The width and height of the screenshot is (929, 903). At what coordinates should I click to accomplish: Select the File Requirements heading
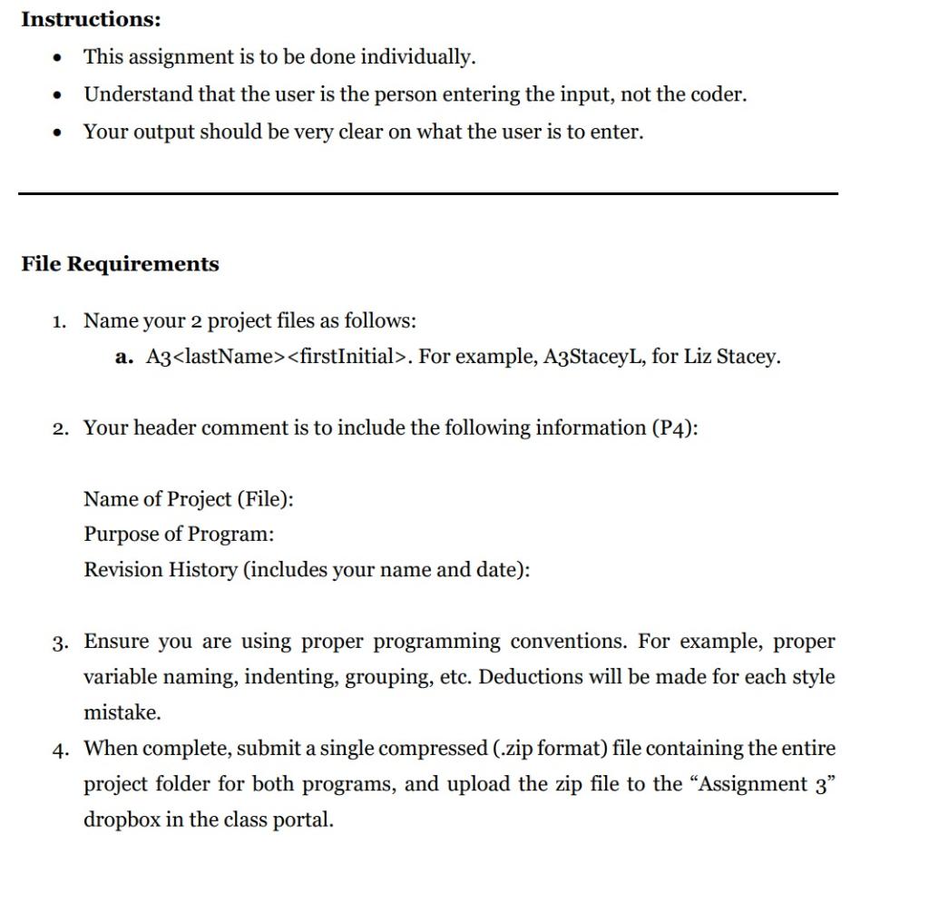120,264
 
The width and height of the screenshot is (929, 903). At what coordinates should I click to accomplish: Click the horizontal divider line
428,193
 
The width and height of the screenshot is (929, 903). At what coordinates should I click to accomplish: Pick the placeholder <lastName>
229,357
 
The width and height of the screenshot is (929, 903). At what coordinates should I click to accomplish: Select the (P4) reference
675,427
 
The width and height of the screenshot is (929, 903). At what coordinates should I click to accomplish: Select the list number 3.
59,643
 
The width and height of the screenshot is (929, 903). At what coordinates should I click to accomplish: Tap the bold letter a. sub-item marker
125,357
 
